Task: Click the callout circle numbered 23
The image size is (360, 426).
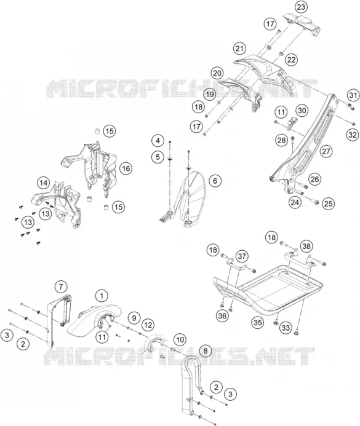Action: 301,7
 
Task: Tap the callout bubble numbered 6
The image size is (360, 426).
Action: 215,181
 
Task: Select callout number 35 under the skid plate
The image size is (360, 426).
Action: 258,322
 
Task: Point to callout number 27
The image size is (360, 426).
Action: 326,151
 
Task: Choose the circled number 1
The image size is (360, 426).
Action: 102,296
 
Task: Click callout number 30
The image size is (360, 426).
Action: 302,111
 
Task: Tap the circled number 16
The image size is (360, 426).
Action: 126,168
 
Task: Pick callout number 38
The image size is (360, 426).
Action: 306,246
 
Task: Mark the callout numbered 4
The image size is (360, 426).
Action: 158,141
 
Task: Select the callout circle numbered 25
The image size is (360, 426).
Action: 328,203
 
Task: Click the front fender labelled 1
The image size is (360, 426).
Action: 94,319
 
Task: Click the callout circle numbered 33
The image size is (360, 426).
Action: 286,328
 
